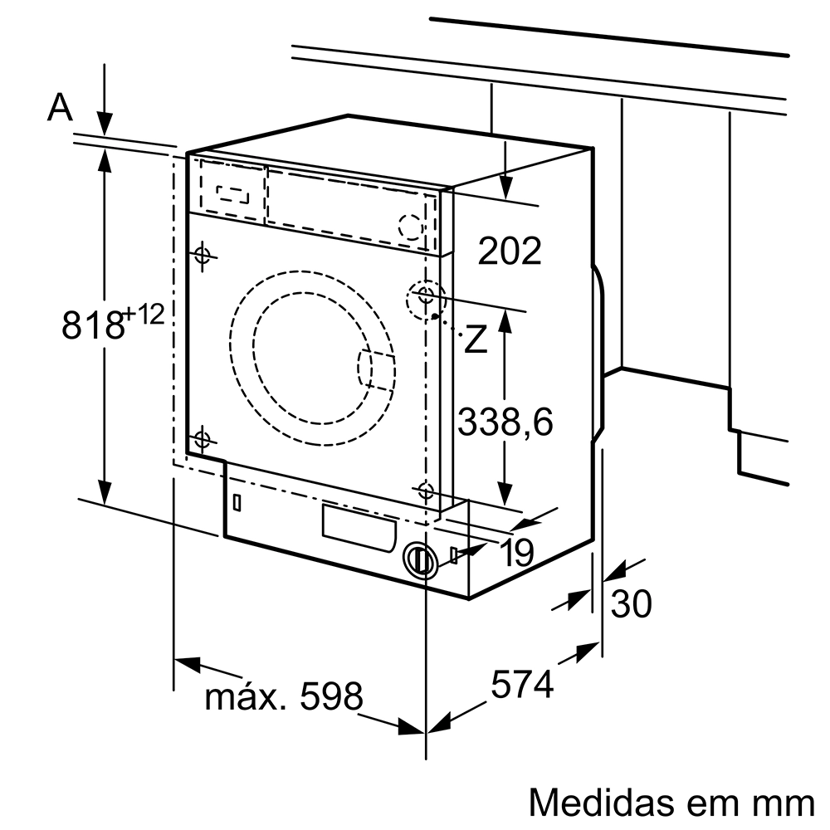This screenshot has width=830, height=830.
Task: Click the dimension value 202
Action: [509, 250]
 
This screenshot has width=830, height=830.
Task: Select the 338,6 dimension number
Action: [505, 422]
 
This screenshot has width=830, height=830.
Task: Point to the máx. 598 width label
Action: [284, 696]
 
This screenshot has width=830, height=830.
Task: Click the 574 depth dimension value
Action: [521, 685]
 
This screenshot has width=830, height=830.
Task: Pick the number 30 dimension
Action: [631, 603]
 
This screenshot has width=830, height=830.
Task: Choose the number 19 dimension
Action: [517, 553]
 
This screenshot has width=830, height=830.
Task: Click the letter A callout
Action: [60, 107]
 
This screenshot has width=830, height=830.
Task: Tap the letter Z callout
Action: [476, 339]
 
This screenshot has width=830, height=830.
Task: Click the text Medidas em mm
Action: [671, 802]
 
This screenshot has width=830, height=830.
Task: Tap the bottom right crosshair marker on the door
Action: [426, 490]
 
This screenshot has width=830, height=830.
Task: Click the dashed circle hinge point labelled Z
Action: [425, 296]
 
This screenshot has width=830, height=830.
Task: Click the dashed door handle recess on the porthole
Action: [375, 369]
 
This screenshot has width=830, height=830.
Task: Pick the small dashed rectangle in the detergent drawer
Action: [232, 193]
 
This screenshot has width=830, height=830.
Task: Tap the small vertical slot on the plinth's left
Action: [237, 502]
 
